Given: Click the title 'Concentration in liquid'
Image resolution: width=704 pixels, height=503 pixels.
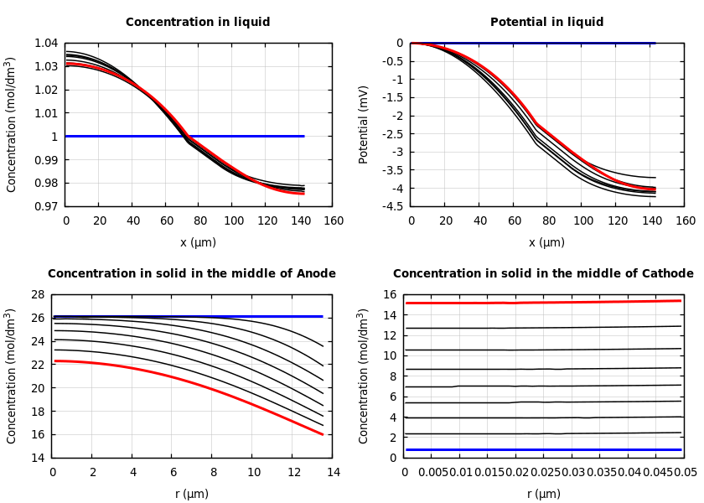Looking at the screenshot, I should (198, 23).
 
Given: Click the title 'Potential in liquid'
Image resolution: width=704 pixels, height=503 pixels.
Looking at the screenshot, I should (546, 23).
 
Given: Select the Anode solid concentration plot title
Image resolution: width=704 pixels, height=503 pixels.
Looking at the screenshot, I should (191, 274).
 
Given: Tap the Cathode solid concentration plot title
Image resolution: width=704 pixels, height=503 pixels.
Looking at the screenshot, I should (543, 274).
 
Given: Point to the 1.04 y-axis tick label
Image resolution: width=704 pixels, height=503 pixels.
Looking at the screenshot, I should (46, 43).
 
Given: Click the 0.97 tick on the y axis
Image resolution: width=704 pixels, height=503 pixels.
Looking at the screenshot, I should (46, 206).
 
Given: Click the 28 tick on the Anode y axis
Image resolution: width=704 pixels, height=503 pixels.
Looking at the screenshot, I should (38, 294).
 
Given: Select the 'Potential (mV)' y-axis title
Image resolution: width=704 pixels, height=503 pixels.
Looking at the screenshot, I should (364, 124).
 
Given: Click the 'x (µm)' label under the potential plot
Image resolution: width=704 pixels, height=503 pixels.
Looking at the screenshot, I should (546, 243).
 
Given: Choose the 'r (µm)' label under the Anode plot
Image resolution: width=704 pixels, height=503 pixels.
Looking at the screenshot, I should (192, 495).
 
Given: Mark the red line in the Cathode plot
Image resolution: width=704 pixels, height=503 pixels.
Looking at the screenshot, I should (545, 302).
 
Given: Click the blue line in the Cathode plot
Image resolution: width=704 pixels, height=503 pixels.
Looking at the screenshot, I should (545, 449).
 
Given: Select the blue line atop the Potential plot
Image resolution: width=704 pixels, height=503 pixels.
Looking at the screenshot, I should (587, 43).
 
